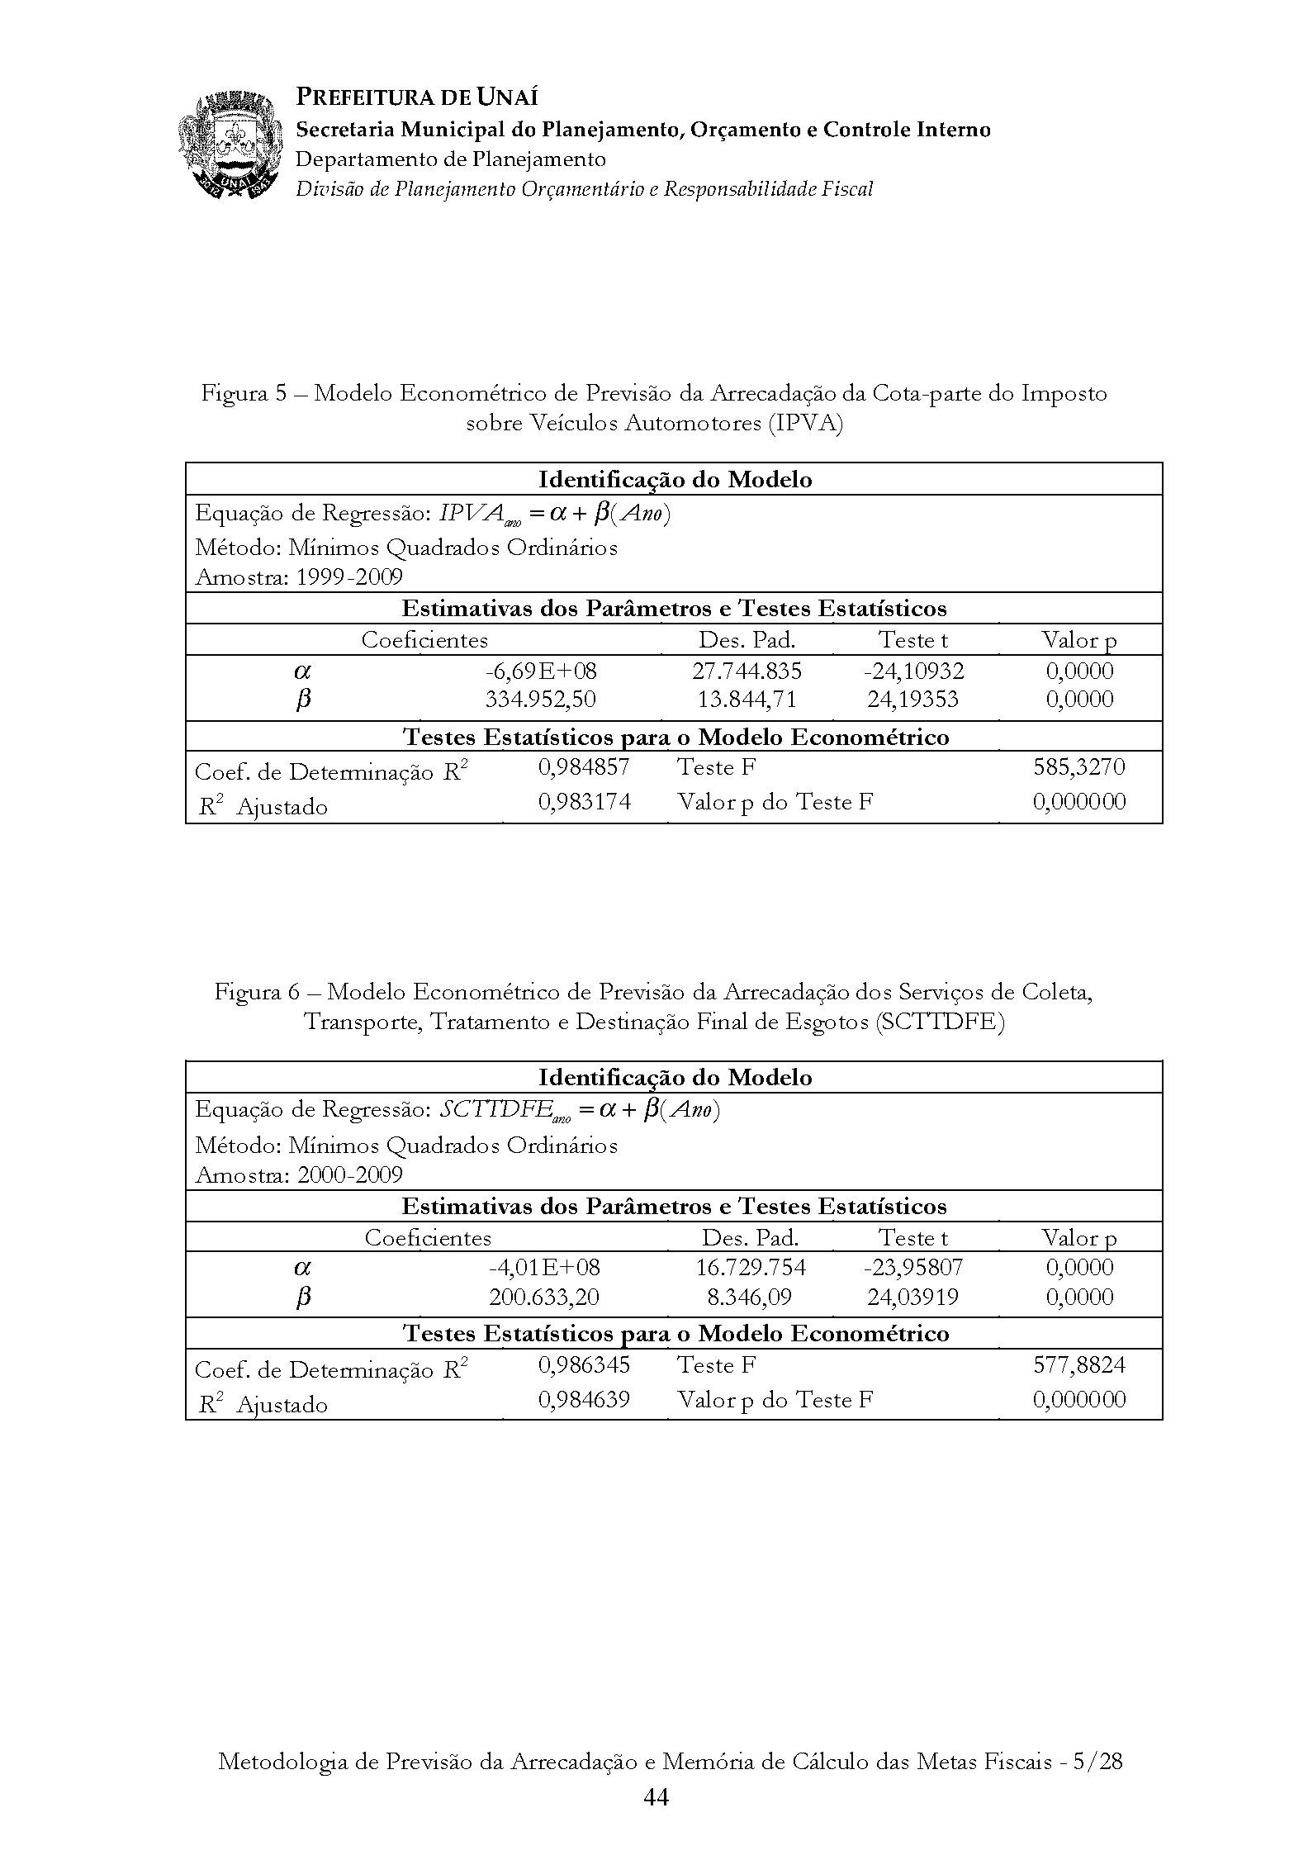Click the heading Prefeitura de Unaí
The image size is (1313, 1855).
click(x=417, y=97)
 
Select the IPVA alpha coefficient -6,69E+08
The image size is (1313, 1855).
click(x=541, y=671)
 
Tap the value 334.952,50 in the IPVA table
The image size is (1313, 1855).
click(x=541, y=700)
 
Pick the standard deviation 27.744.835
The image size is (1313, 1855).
click(x=747, y=671)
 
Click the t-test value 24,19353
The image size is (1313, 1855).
click(x=912, y=700)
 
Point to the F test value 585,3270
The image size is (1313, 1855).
click(x=1078, y=767)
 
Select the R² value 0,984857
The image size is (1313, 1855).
click(x=584, y=767)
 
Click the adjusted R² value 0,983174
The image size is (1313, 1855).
click(x=585, y=801)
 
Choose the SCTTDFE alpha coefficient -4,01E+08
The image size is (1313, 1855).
click(x=544, y=1267)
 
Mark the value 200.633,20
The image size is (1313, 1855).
click(x=544, y=1297)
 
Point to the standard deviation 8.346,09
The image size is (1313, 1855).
click(x=749, y=1297)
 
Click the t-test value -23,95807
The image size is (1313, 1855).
click(x=912, y=1267)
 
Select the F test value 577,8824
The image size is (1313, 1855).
click(x=1079, y=1364)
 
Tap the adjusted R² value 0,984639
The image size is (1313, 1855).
click(x=585, y=1399)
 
